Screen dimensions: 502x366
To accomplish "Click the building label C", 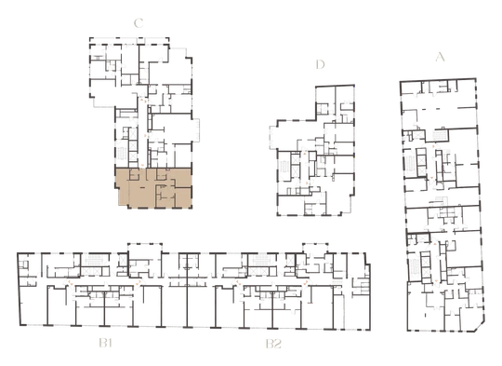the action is pos(139,23).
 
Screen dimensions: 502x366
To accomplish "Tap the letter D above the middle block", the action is pos(320,64).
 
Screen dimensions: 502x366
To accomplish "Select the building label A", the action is pos(441,57).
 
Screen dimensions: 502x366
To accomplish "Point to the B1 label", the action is pos(106,344).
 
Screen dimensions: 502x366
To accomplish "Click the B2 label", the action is pos(273,344).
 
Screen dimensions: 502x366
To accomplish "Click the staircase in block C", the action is pos(122,153).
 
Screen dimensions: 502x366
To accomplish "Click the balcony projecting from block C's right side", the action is pos(195,129).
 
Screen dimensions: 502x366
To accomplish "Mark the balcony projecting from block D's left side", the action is pos(273,137).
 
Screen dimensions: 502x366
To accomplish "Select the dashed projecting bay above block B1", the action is pos(145,248).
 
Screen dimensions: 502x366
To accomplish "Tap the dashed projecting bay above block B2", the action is pos(315,248).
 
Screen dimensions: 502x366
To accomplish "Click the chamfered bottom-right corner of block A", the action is pos(480,327).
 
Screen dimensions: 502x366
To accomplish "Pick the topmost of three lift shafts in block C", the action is pos(133,134).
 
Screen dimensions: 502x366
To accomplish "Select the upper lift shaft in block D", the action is pos(296,159).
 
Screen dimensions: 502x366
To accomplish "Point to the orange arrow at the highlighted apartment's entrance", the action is pos(142,166).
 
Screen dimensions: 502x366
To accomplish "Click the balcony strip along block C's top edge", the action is pos(129,41).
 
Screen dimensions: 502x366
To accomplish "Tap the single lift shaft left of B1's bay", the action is pos(123,260).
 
